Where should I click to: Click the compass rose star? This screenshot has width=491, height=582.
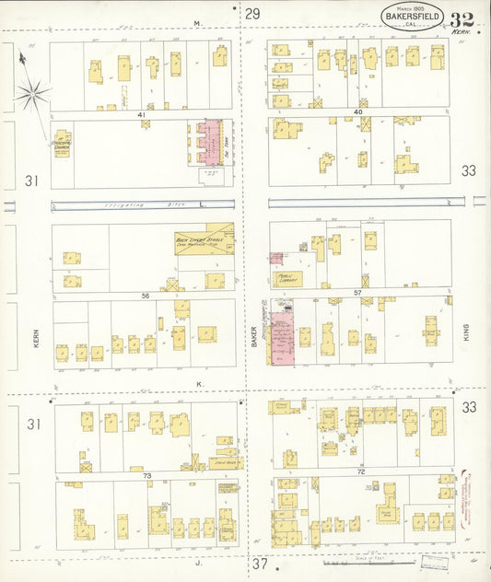pos(32,91)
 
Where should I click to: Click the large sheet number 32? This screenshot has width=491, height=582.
pos(462,19)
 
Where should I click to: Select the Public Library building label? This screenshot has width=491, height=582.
pos(286,278)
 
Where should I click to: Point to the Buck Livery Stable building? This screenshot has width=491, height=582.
pos(205,241)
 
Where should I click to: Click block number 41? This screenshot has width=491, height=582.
pos(143,114)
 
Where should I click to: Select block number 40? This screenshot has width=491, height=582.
pos(357,111)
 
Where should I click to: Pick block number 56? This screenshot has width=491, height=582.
pos(145,296)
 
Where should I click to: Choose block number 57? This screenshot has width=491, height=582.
pos(357,293)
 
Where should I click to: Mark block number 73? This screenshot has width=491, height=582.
pos(146,477)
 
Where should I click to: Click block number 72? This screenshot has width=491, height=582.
pos(361,471)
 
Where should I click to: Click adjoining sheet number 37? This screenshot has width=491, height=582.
pos(260,563)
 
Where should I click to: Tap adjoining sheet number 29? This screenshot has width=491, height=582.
pos(252,13)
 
